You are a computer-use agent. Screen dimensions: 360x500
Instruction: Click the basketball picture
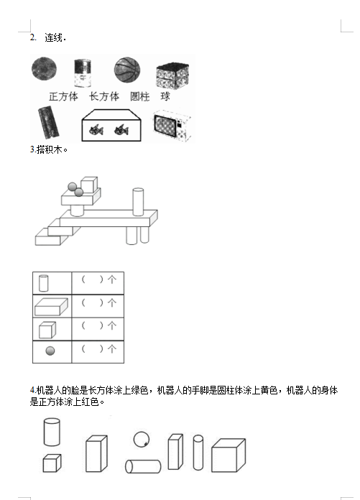coord(127,70)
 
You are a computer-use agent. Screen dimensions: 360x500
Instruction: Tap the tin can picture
coord(83,73)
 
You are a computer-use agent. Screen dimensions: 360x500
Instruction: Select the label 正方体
coord(63,96)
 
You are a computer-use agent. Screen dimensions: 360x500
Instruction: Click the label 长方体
coord(104,96)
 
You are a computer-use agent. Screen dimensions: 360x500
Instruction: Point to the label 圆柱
coord(139,96)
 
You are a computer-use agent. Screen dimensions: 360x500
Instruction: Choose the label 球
coord(165,96)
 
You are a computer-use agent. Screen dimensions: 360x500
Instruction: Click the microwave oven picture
coord(172,125)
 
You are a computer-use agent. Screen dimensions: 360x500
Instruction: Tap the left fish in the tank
coord(96,130)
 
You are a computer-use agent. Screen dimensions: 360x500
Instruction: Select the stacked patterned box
coord(172,76)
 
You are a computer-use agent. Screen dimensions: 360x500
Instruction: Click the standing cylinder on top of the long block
coord(138,202)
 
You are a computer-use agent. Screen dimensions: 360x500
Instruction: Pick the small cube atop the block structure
coord(89,185)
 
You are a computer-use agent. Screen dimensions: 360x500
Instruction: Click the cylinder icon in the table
coord(44,283)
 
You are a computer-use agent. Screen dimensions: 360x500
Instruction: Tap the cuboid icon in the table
coord(51,307)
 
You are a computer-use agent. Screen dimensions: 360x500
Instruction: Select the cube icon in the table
coord(47,330)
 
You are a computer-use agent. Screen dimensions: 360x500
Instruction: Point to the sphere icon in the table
coord(50,351)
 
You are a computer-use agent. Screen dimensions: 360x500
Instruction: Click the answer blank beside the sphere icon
coord(92,349)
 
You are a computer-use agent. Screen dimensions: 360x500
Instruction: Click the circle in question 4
coord(142,439)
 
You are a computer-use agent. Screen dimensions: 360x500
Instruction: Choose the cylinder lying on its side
coord(143,466)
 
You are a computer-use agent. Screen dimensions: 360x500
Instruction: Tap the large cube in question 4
coord(229,455)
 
